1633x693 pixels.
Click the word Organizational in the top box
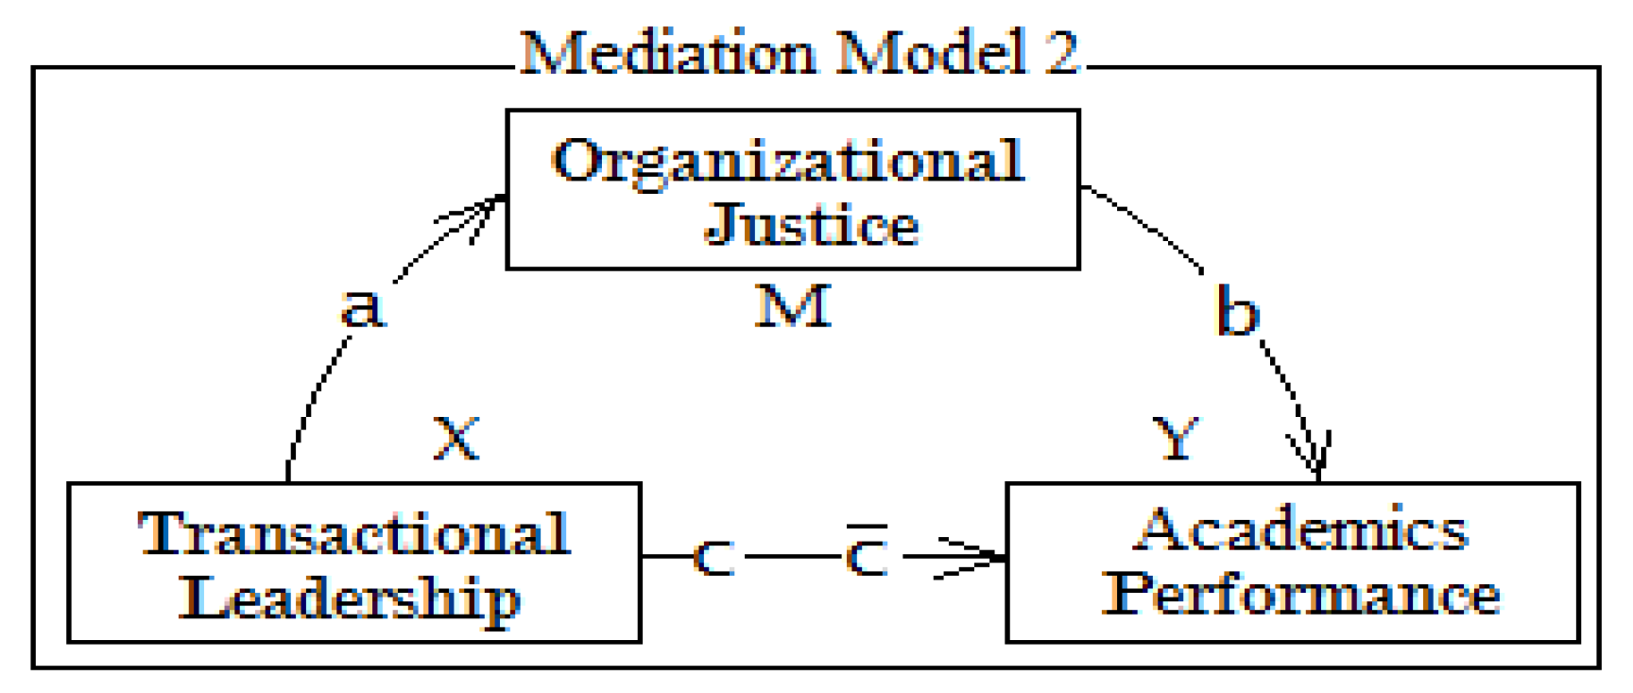[x=788, y=161]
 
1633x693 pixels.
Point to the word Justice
[x=812, y=225]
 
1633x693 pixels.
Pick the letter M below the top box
[x=793, y=306]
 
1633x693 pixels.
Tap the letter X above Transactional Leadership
[x=456, y=439]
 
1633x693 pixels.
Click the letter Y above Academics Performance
[x=1177, y=439]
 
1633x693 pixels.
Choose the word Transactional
[x=353, y=534]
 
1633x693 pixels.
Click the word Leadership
[x=350, y=598]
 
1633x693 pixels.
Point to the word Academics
[x=1301, y=529]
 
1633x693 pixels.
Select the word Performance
[x=1301, y=594]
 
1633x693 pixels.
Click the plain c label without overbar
[x=713, y=558]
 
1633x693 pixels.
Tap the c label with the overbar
[x=867, y=555]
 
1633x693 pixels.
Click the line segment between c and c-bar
[x=791, y=556]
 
